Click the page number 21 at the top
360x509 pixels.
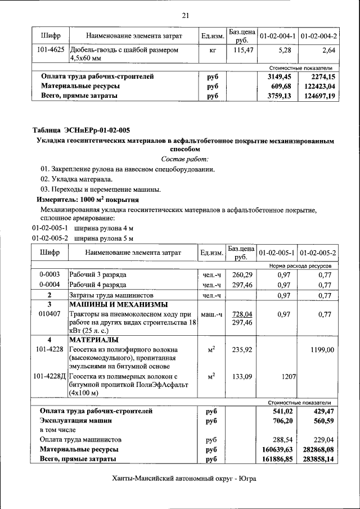[184, 15]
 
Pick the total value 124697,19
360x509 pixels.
[318, 96]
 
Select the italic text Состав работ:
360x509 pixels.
[184, 160]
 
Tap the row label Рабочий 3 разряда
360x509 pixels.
[97, 274]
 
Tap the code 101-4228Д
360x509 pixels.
[49, 376]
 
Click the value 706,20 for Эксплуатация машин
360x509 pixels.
[281, 420]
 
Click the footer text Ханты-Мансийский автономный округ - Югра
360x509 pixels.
[184, 479]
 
